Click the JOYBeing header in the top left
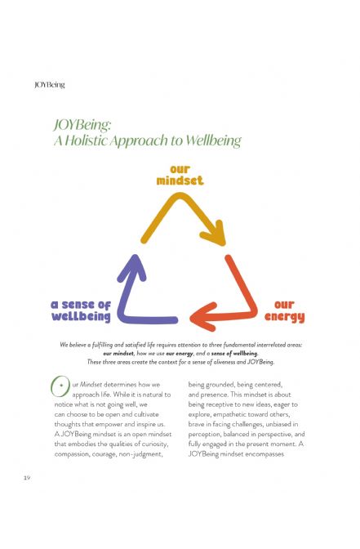pos(50,85)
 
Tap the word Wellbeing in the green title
pos(213,141)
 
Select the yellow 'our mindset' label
pos(180,175)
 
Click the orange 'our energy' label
pos(284,311)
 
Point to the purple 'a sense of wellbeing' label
pos(81,310)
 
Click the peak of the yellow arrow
pos(180,197)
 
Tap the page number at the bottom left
pos(27,478)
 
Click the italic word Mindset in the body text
pos(91,385)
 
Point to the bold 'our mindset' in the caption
pos(118,353)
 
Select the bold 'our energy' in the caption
pos(180,354)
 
